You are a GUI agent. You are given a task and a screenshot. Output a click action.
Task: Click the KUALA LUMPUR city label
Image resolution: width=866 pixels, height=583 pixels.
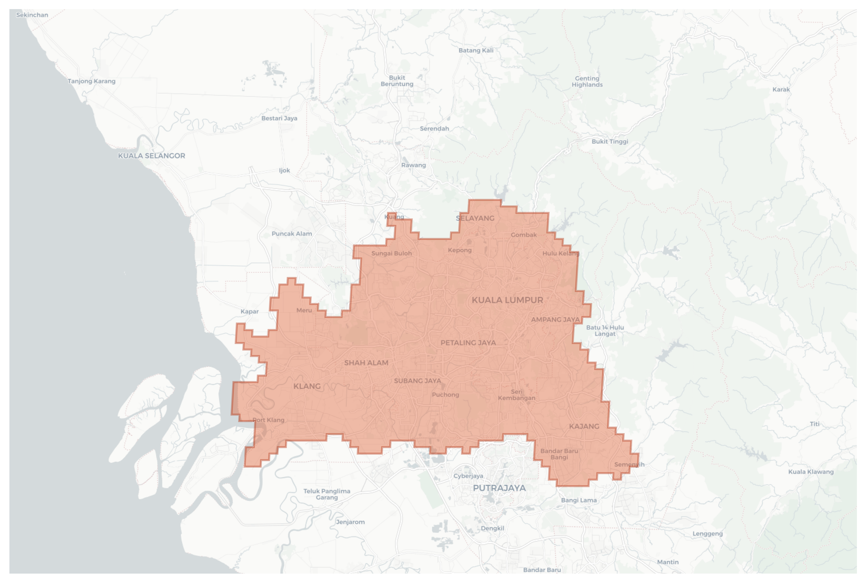(x=507, y=300)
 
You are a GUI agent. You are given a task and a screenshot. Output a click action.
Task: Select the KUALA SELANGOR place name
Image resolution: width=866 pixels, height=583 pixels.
(x=152, y=156)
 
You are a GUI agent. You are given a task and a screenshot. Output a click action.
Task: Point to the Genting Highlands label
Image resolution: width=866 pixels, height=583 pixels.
(x=587, y=82)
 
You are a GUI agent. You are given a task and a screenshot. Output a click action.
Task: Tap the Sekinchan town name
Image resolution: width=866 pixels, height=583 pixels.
(x=32, y=15)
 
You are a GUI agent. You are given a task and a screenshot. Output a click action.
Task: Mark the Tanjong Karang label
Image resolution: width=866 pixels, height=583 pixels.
(x=92, y=81)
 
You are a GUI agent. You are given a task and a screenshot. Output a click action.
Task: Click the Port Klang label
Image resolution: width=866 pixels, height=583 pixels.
(x=268, y=420)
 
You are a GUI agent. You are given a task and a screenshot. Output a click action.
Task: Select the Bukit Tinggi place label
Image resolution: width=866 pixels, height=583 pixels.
(x=610, y=141)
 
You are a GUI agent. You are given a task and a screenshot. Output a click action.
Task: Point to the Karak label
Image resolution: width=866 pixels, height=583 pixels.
(x=781, y=89)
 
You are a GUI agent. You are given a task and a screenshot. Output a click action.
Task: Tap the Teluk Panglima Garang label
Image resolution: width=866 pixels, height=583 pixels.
(x=327, y=494)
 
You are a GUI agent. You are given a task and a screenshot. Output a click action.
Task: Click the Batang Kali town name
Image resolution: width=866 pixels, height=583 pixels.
(x=476, y=50)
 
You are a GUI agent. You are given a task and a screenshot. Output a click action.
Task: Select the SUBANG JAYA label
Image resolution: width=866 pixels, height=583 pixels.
(x=417, y=381)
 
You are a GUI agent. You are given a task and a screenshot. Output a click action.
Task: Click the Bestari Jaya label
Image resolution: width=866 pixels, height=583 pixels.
(x=279, y=118)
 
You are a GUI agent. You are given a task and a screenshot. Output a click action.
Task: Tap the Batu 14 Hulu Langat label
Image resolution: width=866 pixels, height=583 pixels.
(x=605, y=331)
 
